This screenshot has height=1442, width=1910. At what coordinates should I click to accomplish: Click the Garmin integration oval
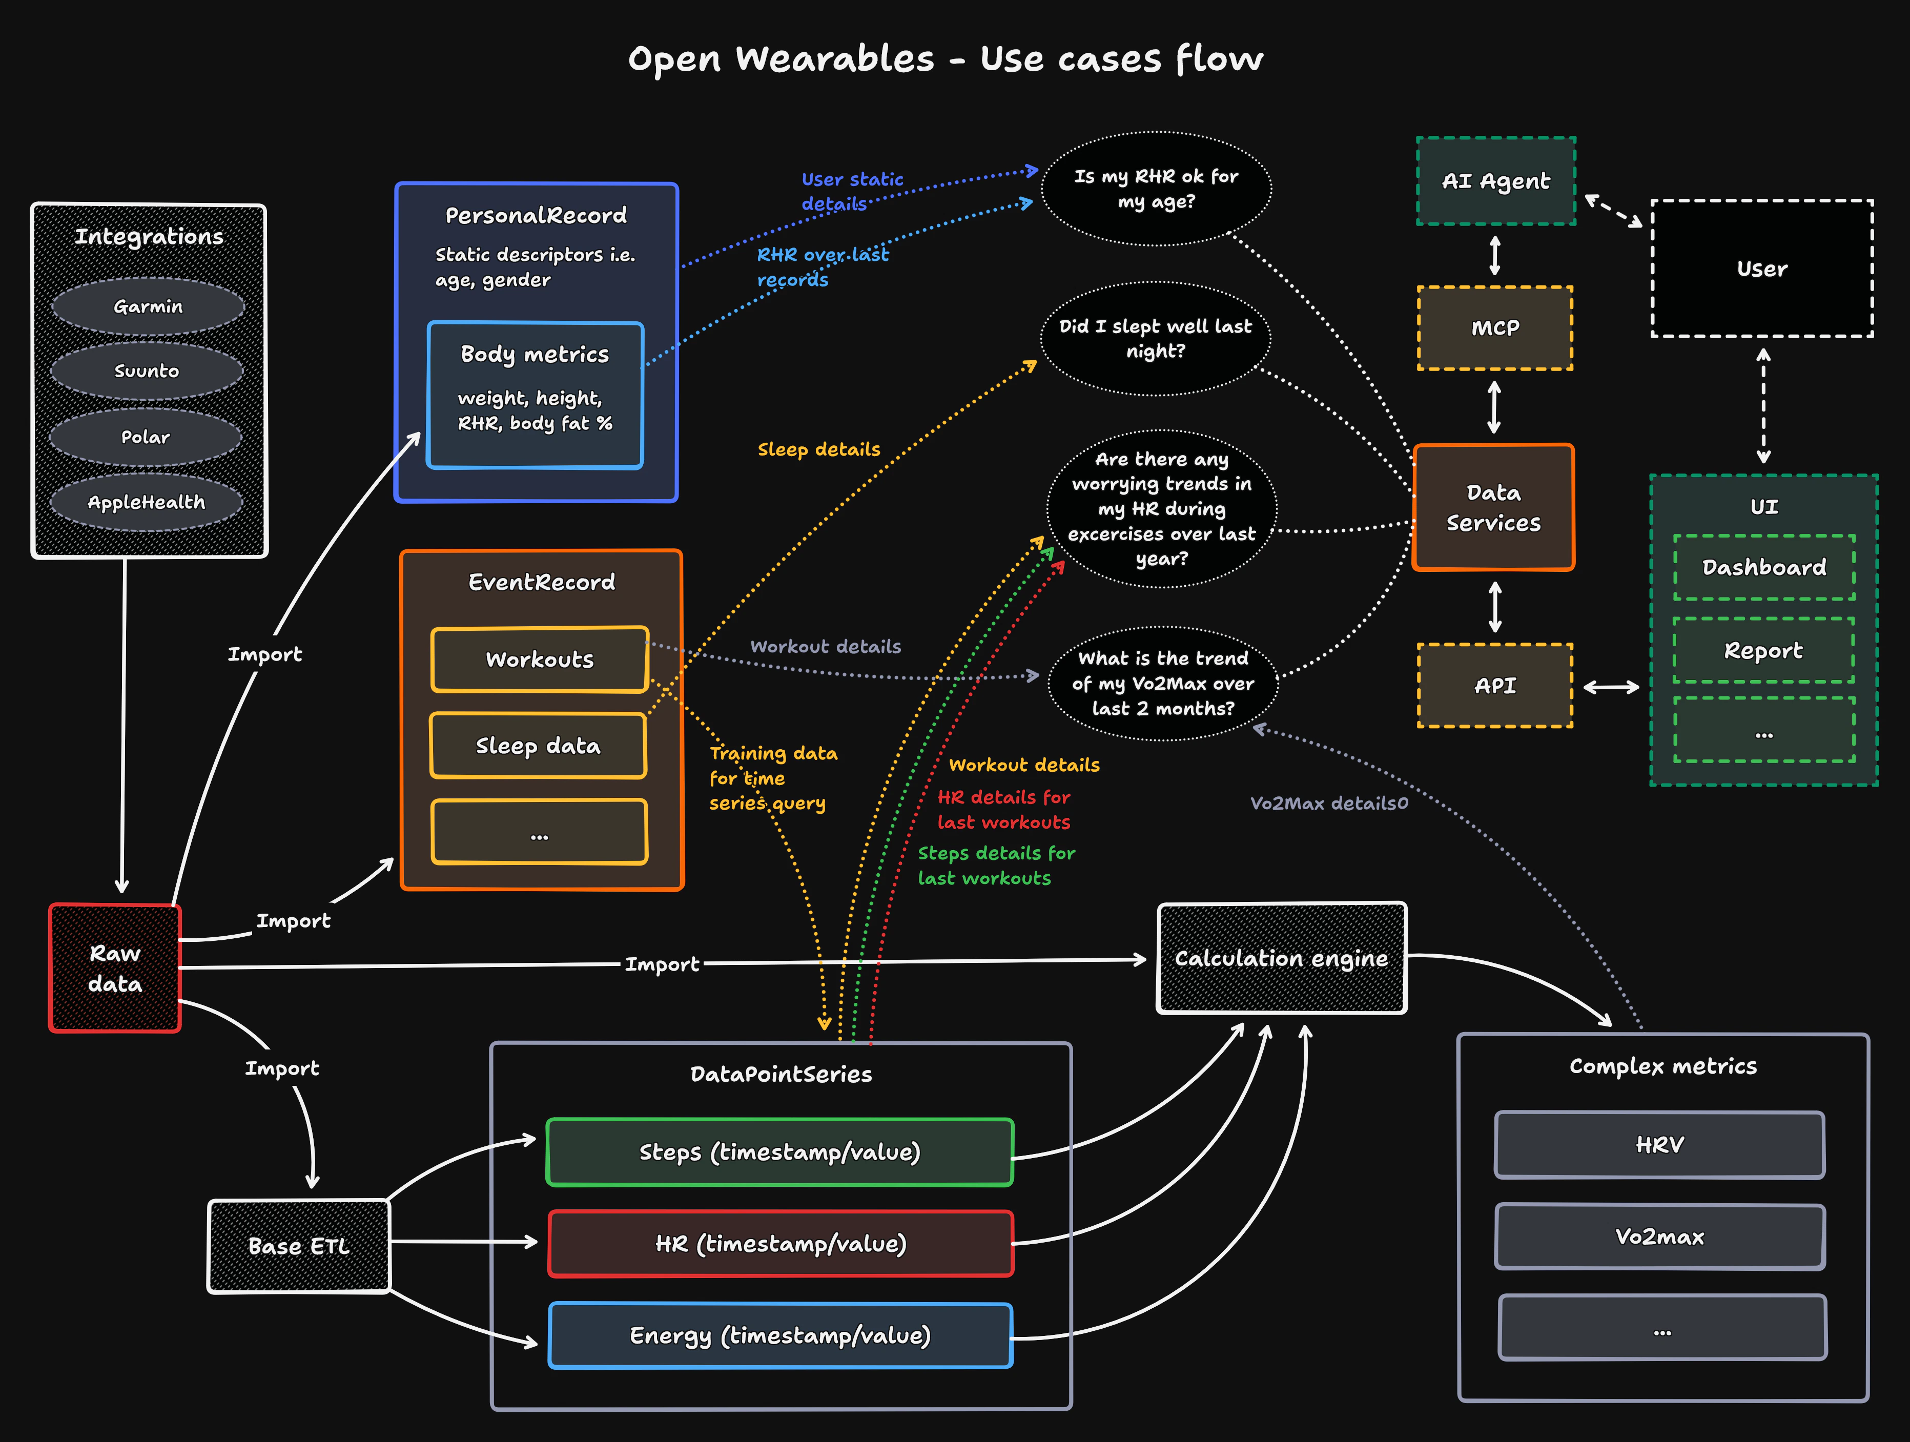pyautogui.click(x=148, y=306)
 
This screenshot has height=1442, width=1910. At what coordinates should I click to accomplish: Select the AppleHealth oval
pyautogui.click(x=146, y=502)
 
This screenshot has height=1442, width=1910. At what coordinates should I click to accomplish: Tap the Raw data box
pyautogui.click(x=115, y=968)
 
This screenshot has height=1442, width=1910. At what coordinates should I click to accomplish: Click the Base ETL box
pyautogui.click(x=299, y=1246)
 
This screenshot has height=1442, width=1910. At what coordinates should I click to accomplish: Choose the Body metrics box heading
pyautogui.click(x=535, y=354)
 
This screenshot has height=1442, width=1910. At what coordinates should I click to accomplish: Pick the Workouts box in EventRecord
pyautogui.click(x=540, y=660)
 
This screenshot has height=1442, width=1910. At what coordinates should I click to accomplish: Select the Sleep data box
pyautogui.click(x=538, y=745)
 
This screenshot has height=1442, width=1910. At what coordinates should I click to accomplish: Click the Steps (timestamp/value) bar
pyautogui.click(x=779, y=1152)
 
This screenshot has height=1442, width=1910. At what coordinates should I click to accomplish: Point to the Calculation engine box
pyautogui.click(x=1281, y=958)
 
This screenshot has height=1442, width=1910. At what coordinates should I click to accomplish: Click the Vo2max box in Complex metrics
pyautogui.click(x=1659, y=1237)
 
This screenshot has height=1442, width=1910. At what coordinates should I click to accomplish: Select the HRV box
pyautogui.click(x=1659, y=1145)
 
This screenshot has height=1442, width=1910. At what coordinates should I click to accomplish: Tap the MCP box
pyautogui.click(x=1495, y=328)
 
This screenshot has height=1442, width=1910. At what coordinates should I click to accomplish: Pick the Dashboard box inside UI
pyautogui.click(x=1764, y=567)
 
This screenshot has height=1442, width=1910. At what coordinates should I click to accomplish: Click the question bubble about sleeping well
pyautogui.click(x=1155, y=339)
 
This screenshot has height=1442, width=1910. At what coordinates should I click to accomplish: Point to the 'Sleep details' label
pyautogui.click(x=818, y=449)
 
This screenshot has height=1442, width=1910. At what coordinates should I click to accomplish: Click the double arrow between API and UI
pyautogui.click(x=1611, y=687)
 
